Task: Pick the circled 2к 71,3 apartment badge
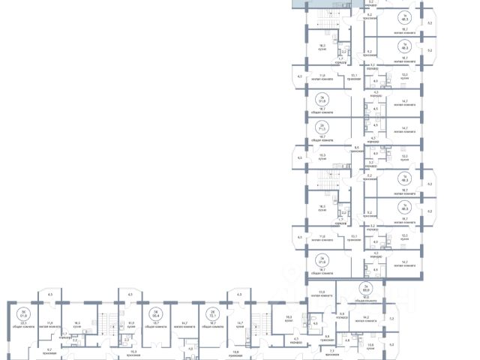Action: coord(322,127)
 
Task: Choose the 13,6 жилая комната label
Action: coord(322,293)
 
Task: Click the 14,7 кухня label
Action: coord(241,327)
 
